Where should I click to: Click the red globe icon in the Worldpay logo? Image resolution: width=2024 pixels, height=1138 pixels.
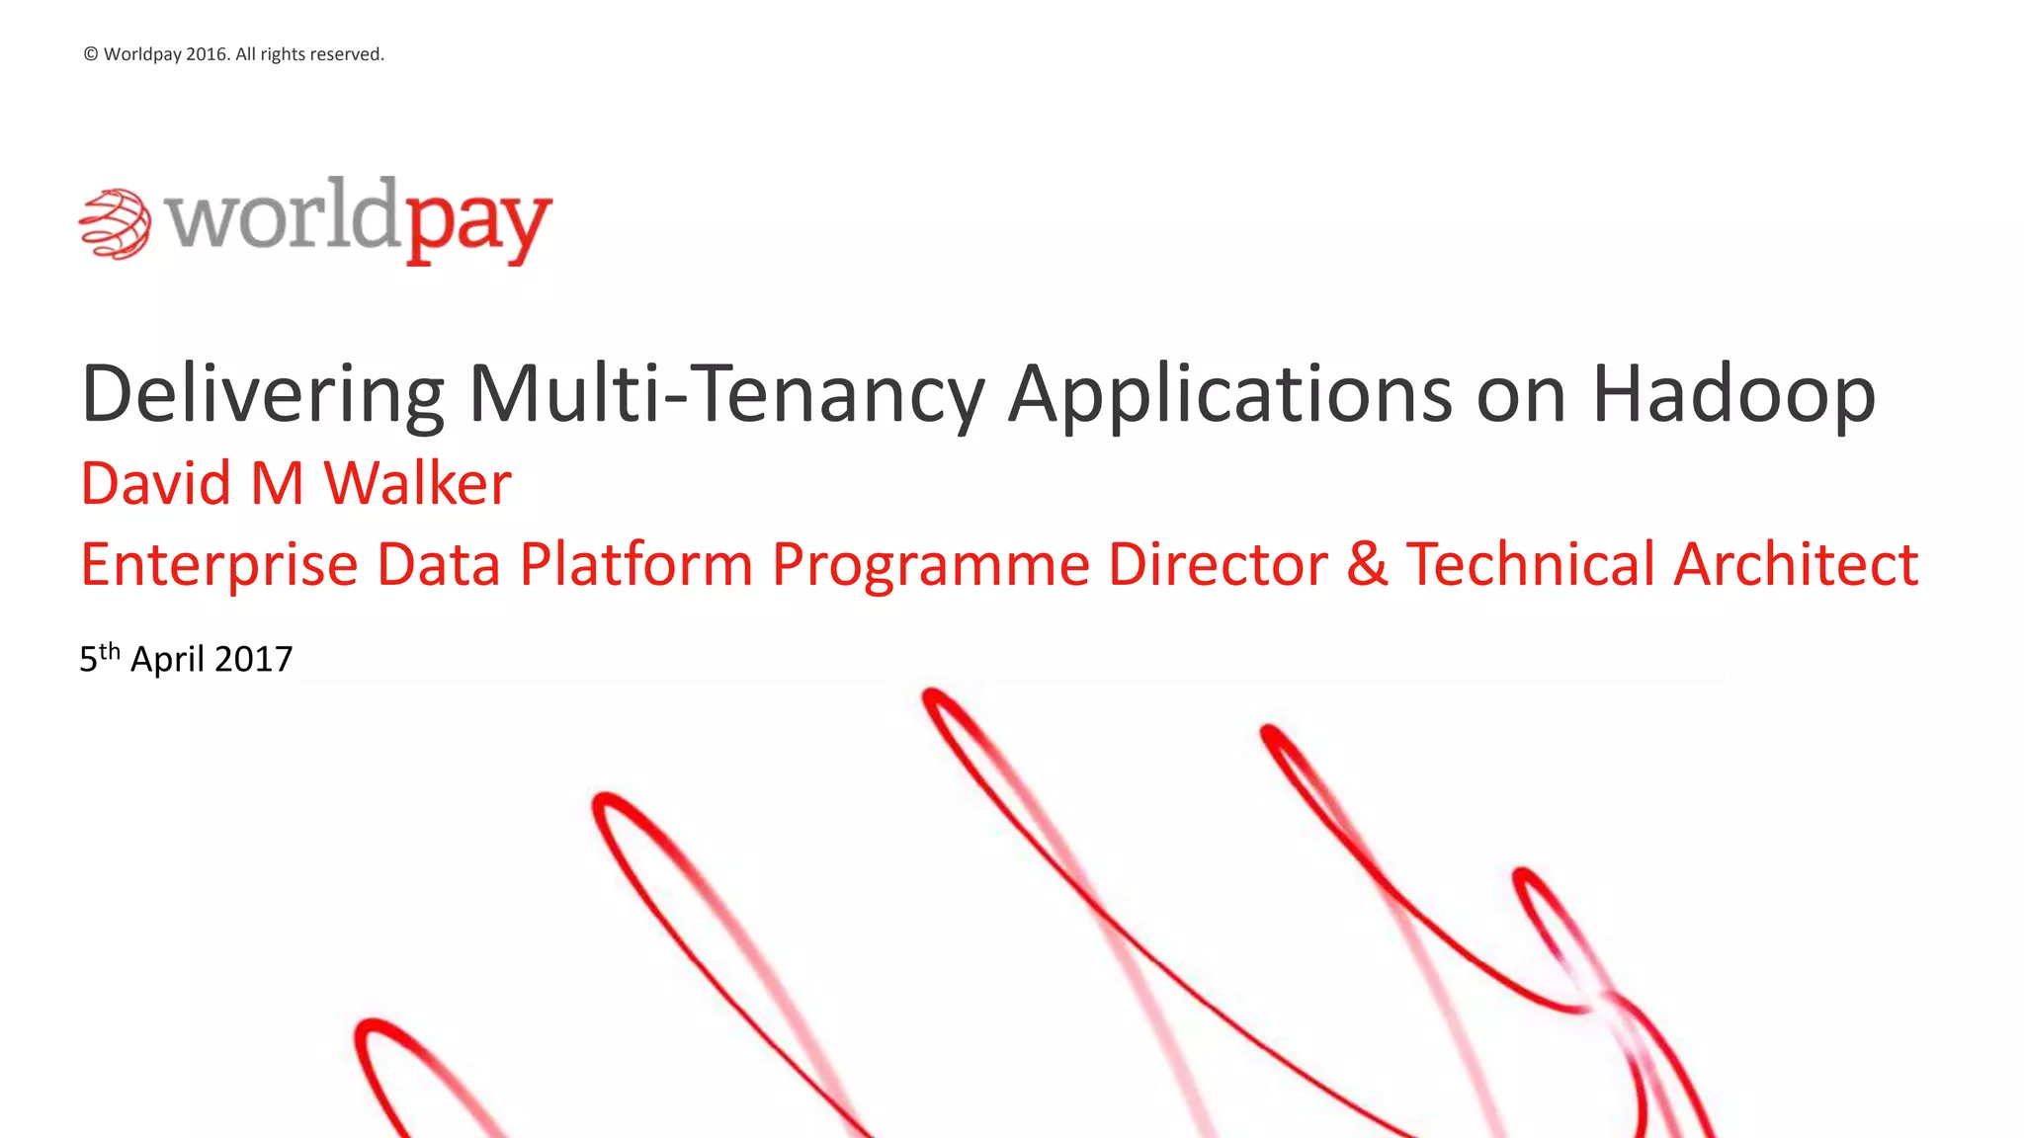tap(115, 224)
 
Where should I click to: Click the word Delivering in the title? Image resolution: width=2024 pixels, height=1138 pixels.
tap(262, 394)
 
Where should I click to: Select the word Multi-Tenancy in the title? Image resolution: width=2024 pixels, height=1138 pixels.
tap(726, 394)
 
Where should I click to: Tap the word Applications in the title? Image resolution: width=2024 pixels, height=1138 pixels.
tap(1229, 394)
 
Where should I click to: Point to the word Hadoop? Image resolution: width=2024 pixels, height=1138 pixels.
tap(1733, 394)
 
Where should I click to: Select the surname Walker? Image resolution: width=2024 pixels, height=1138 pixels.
tap(417, 484)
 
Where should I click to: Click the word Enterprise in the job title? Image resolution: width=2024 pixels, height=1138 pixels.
tap(218, 565)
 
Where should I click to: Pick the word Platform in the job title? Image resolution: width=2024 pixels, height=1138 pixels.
tap(636, 565)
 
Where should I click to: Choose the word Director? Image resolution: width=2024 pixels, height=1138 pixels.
tap(1217, 565)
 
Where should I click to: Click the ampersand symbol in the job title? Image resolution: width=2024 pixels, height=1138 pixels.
tap(1367, 565)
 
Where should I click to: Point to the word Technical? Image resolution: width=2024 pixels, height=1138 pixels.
tap(1530, 565)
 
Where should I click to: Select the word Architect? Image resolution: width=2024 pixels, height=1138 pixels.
tap(1796, 565)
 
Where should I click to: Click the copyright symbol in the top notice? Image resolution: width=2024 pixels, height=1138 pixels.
tap(91, 54)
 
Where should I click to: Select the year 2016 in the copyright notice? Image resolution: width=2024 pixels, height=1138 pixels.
tap(207, 54)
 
